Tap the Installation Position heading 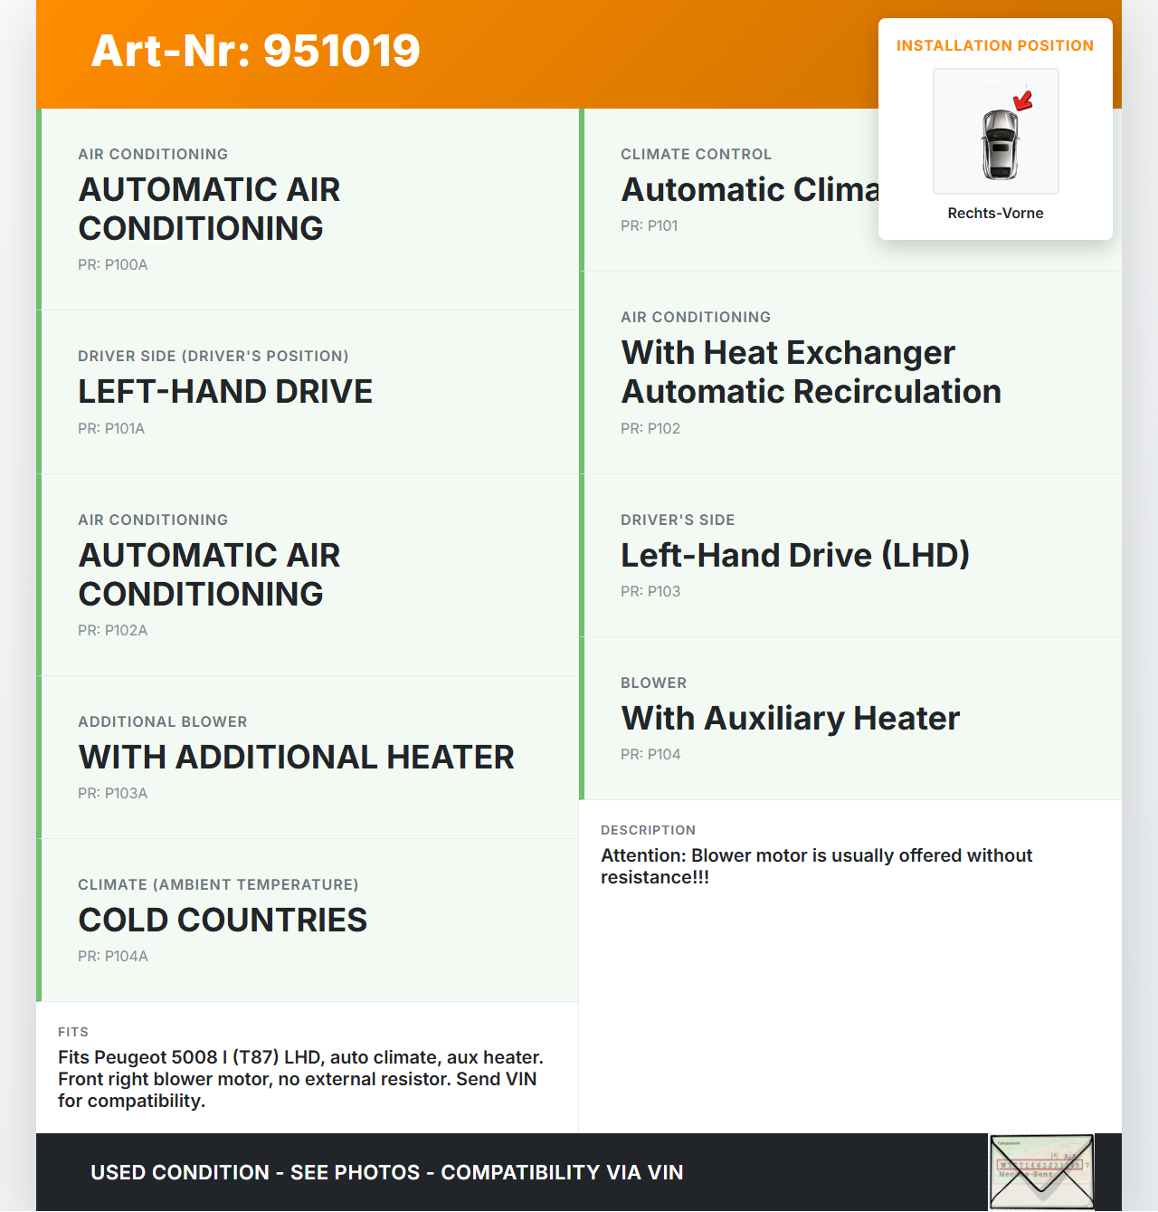994,45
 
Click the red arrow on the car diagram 1023,100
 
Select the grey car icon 1000,145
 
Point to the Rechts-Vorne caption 995,213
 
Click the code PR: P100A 112,264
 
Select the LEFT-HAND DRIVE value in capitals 225,391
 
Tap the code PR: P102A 112,630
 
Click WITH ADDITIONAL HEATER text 296,757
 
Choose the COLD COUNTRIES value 223,920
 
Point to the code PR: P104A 112,956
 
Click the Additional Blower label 162,721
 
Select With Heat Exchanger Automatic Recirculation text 811,372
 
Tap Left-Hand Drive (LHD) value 794,555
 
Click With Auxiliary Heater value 790,718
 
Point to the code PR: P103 650,591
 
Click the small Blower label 653,682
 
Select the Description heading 648,830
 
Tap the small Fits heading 73,1032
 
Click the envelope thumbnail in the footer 1040,1172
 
